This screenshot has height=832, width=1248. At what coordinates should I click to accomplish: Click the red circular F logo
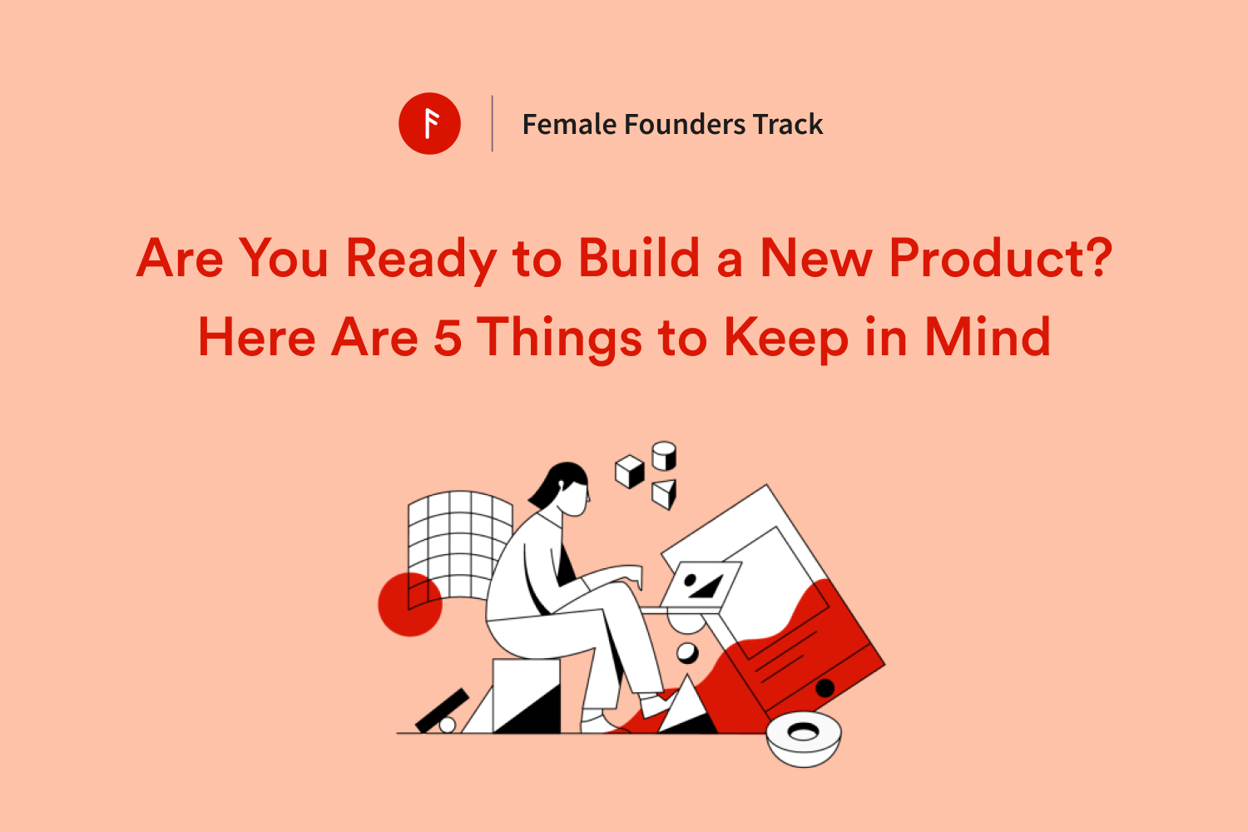click(429, 123)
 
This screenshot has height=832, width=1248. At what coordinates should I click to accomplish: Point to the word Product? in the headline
click(1001, 257)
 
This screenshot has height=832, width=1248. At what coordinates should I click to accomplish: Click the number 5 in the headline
click(448, 337)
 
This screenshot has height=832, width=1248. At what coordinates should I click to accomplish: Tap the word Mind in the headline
click(988, 336)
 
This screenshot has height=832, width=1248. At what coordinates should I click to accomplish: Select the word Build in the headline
click(638, 257)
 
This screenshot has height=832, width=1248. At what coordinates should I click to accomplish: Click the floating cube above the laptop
click(630, 472)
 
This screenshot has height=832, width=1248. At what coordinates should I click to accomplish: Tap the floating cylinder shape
click(664, 456)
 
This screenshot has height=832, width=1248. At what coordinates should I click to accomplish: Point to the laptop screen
click(701, 585)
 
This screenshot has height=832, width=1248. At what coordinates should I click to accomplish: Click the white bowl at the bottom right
click(804, 739)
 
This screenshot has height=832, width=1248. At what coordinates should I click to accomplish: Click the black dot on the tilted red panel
click(825, 688)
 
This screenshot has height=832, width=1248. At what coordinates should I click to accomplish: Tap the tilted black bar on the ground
click(443, 711)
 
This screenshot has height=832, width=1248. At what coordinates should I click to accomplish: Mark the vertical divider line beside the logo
click(492, 123)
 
